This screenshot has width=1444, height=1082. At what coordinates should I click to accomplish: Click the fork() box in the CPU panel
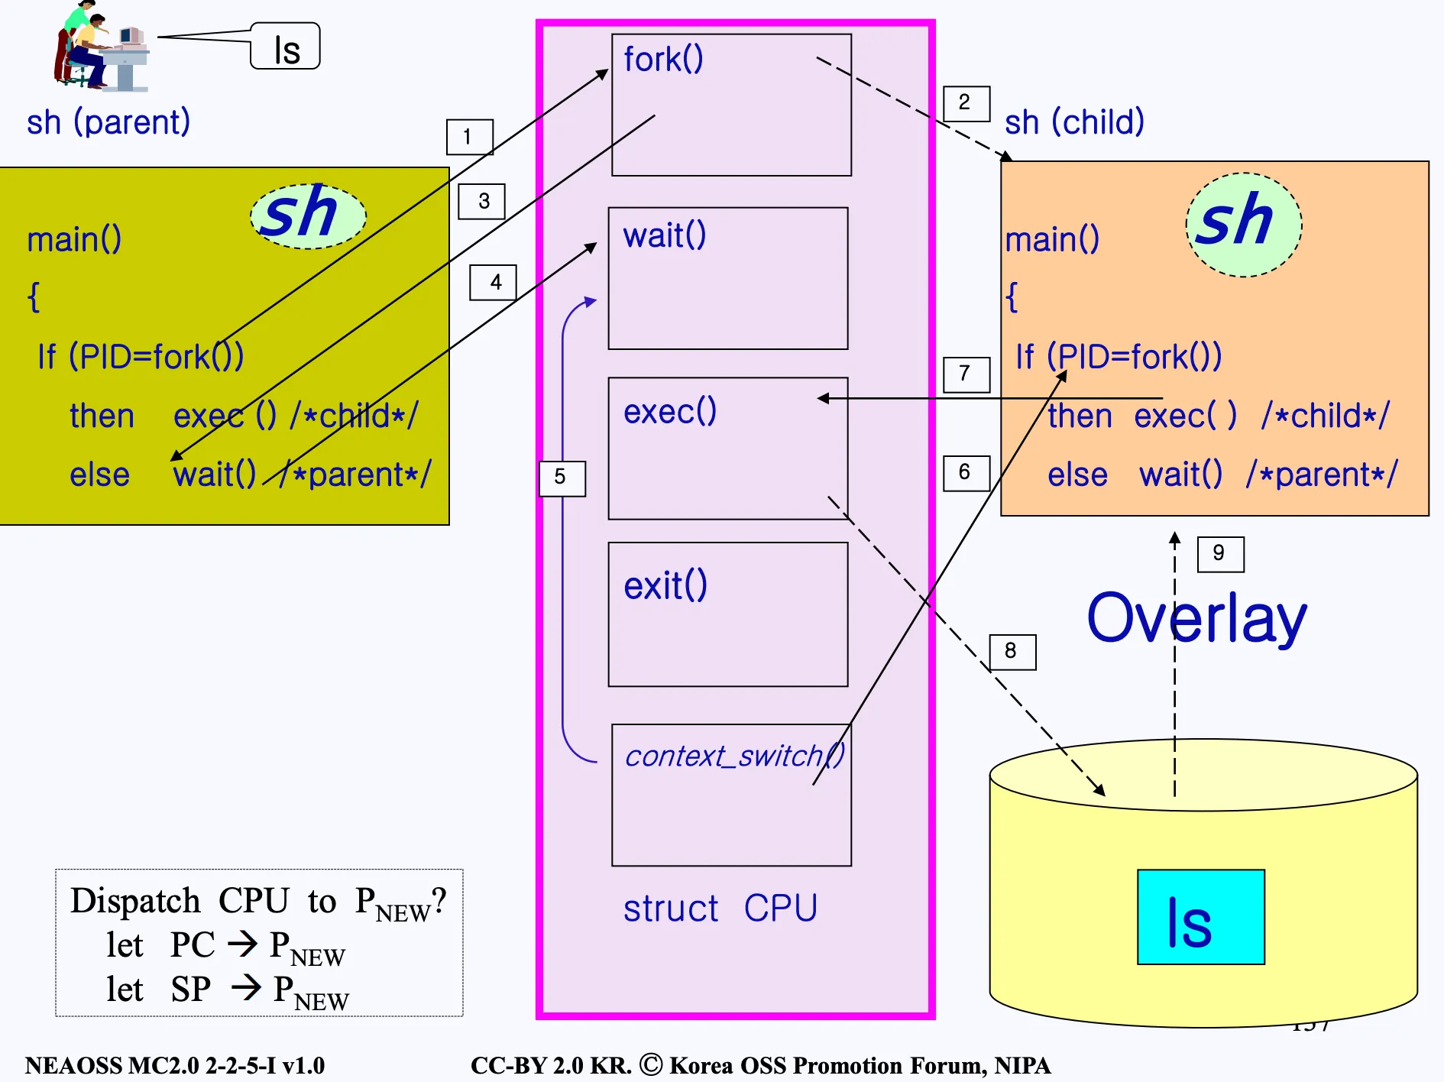tap(731, 105)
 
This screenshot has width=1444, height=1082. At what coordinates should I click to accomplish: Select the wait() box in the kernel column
tap(727, 278)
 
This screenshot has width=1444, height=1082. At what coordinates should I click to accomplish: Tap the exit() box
tap(727, 614)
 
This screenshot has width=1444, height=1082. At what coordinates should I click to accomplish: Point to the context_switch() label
tap(734, 756)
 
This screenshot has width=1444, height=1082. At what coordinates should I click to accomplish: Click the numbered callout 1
tap(469, 137)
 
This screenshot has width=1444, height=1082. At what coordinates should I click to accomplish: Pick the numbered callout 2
tap(966, 103)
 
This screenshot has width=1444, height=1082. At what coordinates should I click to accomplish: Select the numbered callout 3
tap(481, 202)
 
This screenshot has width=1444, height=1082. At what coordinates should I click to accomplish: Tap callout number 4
tap(493, 283)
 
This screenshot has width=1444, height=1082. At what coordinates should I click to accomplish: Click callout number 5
tap(562, 478)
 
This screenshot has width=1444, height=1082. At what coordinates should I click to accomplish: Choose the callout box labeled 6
tap(966, 473)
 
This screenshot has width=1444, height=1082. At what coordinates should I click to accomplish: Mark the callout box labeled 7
tap(966, 374)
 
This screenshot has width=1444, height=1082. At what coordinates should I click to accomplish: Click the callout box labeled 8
tap(1012, 652)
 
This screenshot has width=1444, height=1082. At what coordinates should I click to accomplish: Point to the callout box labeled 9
tap(1220, 554)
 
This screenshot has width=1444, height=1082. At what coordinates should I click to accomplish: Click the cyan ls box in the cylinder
tap(1200, 917)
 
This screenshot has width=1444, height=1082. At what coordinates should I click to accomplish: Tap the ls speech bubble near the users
tap(286, 47)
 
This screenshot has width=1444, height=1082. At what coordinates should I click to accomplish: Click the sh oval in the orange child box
tap(1243, 224)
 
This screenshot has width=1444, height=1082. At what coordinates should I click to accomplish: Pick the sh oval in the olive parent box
tap(308, 215)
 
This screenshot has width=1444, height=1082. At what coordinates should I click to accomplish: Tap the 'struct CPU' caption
tap(720, 909)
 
